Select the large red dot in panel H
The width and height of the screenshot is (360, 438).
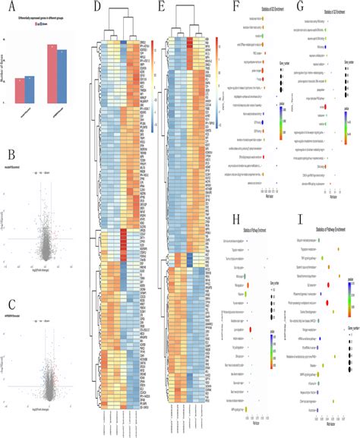coord(260,332)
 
